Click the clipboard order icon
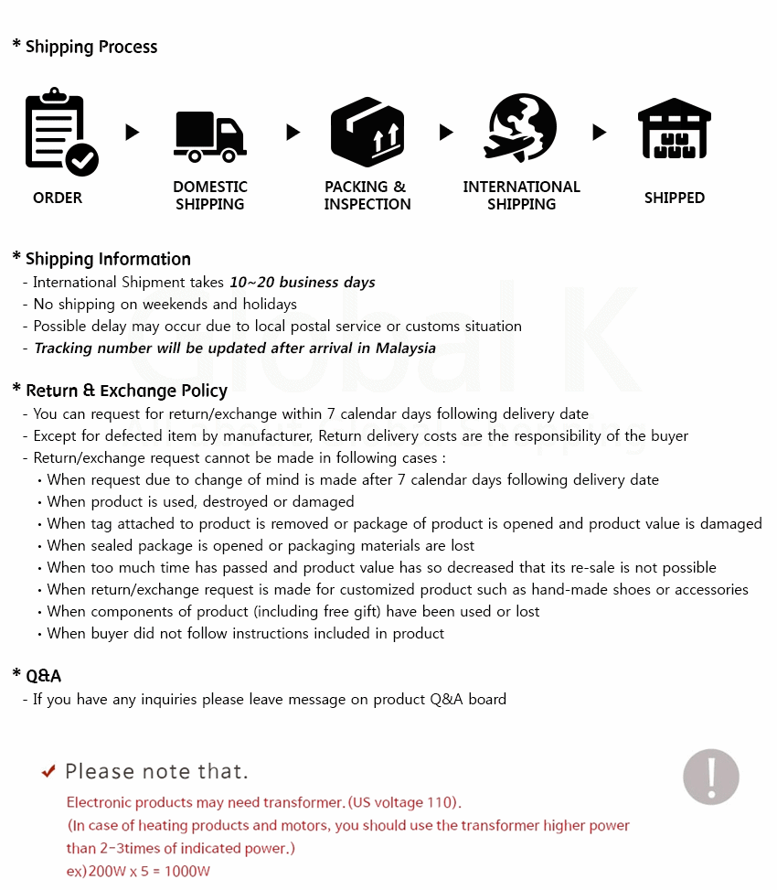[57, 130]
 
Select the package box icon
[367, 132]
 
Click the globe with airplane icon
[521, 127]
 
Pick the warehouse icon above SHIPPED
[675, 129]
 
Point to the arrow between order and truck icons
[133, 133]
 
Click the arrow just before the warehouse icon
[599, 133]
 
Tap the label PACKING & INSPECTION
[367, 196]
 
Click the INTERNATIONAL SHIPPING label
[521, 196]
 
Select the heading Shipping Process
[90, 48]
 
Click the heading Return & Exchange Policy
[126, 391]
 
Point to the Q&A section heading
[43, 676]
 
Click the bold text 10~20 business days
[303, 283]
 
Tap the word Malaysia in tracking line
[404, 348]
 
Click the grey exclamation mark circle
[711, 777]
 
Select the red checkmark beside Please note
[49, 771]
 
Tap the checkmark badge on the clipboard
[82, 160]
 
